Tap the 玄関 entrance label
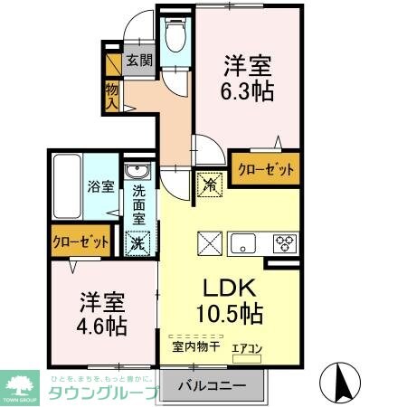(138, 62)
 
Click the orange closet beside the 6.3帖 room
(267, 168)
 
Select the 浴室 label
(100, 187)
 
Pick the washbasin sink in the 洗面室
(137, 172)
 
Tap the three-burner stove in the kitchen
(286, 242)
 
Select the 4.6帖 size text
(100, 324)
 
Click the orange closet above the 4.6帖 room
(80, 242)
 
